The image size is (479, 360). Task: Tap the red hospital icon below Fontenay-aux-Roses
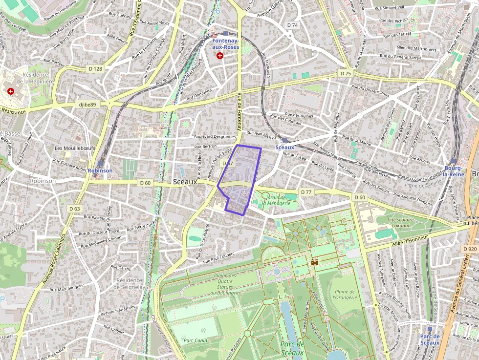(x=220, y=56)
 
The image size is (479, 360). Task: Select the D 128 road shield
(x=95, y=69)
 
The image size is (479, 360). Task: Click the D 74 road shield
(x=292, y=25)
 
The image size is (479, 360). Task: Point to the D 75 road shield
(x=345, y=73)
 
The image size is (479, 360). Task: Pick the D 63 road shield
(x=74, y=209)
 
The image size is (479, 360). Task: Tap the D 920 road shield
(x=469, y=249)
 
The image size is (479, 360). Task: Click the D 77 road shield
(x=306, y=192)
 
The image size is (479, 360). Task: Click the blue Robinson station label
(x=100, y=171)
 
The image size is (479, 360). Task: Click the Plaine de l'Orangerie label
(x=345, y=294)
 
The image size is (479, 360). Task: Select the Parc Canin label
(x=194, y=340)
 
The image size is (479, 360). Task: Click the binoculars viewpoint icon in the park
(x=315, y=262)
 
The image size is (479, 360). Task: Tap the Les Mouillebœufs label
(x=75, y=148)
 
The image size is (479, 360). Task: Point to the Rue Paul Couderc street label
(x=218, y=257)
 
